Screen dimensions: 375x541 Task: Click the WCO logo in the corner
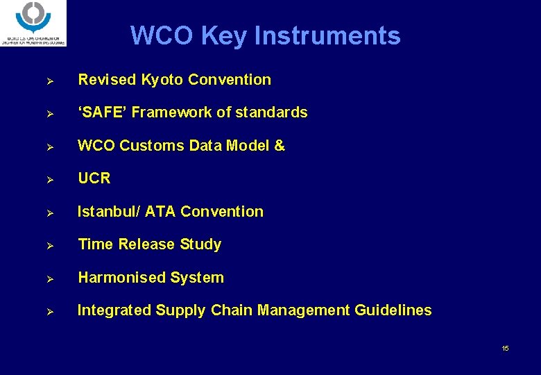33,23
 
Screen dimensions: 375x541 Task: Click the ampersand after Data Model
280,146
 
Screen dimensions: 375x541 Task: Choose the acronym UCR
94,178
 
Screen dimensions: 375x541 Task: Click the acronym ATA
161,212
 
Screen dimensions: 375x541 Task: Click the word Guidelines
393,310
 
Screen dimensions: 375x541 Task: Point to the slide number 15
505,348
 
